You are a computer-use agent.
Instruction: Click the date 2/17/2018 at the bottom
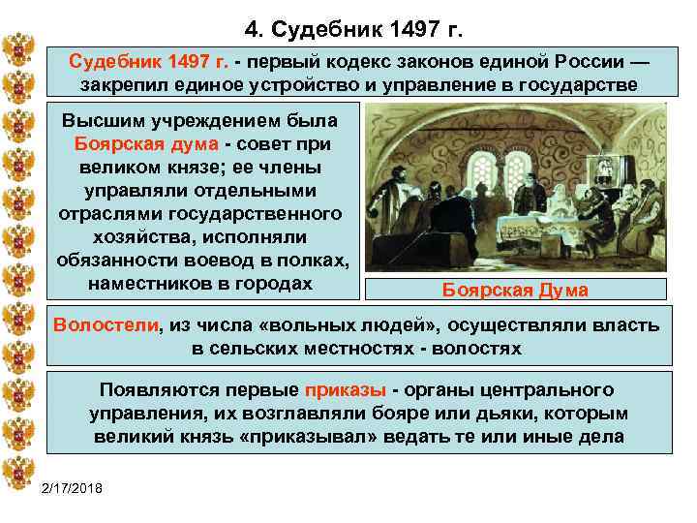point(76,485)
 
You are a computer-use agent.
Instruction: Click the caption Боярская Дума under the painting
point(515,290)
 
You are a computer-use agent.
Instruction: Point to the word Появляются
point(152,390)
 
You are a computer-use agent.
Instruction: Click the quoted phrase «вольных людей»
point(319,325)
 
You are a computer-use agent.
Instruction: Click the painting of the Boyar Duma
point(516,190)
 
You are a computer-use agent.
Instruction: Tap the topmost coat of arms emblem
point(19,47)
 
